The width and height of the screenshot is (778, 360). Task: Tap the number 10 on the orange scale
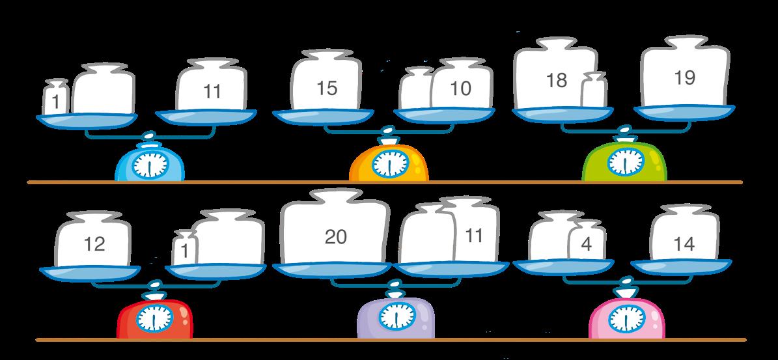point(460,89)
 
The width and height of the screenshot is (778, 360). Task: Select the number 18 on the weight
point(557,80)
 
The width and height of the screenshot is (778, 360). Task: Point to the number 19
point(685,78)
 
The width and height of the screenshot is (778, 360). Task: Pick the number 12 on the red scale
point(94,244)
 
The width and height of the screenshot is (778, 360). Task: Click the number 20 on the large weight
point(335,237)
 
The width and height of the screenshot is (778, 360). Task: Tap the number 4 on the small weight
point(586,245)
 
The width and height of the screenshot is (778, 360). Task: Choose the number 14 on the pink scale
point(684,244)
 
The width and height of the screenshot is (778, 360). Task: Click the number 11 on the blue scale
point(212,92)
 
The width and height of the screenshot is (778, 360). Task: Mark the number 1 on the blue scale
point(56,101)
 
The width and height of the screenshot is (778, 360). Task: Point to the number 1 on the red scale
point(186,250)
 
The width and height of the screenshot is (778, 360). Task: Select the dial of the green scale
point(625,162)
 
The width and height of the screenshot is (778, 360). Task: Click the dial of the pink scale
point(624,317)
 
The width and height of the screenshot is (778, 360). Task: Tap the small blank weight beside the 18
point(594,91)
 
